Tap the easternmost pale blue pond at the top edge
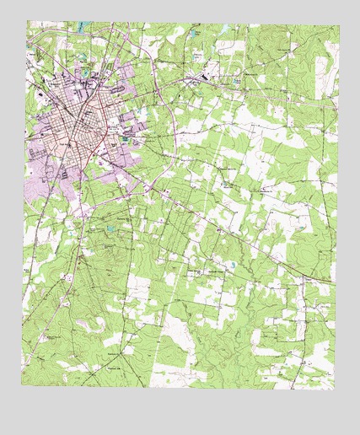pyautogui.click(x=225, y=30)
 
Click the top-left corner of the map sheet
pyautogui.click(x=26, y=22)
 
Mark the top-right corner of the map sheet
pyautogui.click(x=340, y=25)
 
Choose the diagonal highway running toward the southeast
pyautogui.click(x=236, y=236)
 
